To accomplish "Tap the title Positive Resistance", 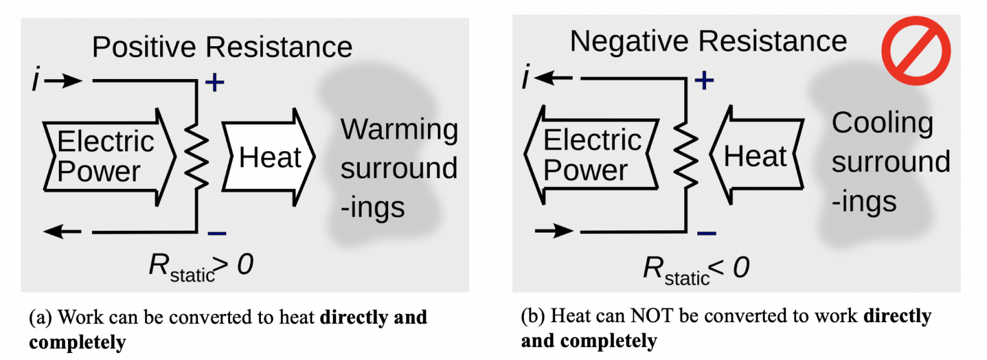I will pos(222,48).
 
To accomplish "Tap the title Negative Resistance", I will pos(708,42).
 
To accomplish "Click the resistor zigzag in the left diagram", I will pos(196,156).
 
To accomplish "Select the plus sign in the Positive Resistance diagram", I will pos(215,84).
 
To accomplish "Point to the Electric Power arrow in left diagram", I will pos(107,156).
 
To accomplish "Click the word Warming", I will pos(399,130).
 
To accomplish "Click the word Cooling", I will pos(882,123).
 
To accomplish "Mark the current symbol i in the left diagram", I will pos(37,81).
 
